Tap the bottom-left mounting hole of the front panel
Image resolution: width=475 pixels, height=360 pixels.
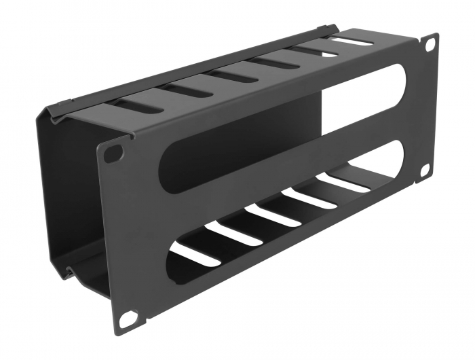click(128, 318)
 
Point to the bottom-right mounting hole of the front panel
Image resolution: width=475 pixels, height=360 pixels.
click(425, 170)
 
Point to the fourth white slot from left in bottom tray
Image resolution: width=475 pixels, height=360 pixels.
click(309, 198)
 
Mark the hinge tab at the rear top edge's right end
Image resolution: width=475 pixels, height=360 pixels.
click(331, 29)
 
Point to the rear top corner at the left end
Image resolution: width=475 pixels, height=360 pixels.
click(47, 113)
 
